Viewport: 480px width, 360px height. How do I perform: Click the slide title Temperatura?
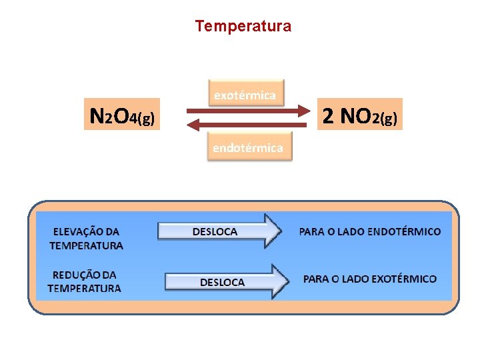coord(243,27)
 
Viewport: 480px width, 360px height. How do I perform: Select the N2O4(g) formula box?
coord(123,117)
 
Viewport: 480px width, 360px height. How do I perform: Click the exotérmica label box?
coord(245,95)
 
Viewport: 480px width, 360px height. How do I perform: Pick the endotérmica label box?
coord(247,147)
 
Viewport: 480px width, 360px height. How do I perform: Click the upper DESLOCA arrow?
coord(220,231)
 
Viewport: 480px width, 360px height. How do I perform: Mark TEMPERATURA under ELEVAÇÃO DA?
coord(86,245)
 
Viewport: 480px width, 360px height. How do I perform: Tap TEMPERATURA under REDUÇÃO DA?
coord(84,289)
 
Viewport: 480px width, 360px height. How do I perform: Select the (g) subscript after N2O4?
coord(147,120)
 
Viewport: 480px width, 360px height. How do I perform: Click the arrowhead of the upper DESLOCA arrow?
coord(273,231)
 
